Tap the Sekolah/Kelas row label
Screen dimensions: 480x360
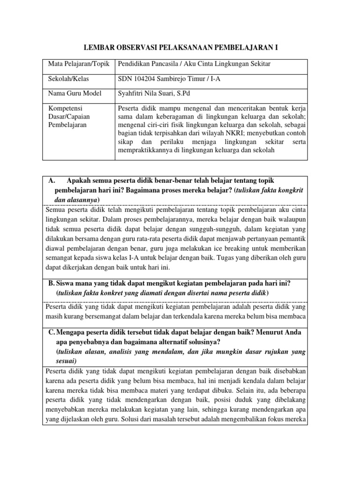coord(68,79)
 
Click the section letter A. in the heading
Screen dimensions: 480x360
coord(52,181)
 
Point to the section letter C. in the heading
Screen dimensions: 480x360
coord(52,332)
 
